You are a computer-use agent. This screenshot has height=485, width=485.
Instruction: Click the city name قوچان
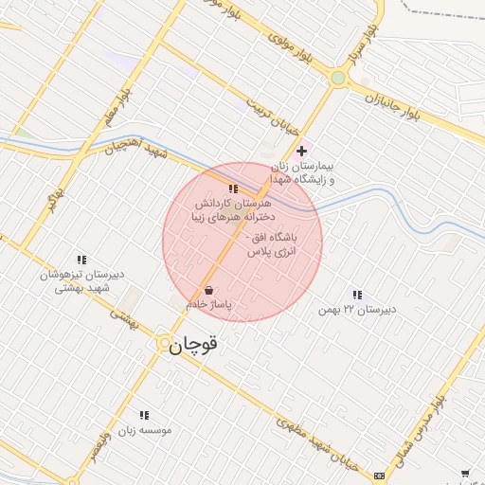click(x=193, y=346)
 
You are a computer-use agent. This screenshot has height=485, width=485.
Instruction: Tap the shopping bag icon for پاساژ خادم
click(x=208, y=291)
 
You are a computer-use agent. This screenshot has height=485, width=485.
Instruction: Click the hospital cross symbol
click(x=301, y=151)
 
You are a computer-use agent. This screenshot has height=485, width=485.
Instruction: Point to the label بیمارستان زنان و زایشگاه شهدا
click(x=308, y=171)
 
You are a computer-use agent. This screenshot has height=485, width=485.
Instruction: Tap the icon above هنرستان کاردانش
click(x=233, y=189)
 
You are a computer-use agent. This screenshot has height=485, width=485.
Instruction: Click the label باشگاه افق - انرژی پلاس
click(x=272, y=244)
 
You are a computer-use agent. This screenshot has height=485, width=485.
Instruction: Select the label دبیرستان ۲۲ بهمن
click(x=357, y=309)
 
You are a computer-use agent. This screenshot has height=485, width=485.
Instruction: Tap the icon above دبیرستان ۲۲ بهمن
click(x=357, y=295)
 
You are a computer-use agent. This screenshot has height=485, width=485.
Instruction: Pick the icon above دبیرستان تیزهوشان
click(x=81, y=259)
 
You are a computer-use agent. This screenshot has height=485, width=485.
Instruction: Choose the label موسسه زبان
click(x=144, y=430)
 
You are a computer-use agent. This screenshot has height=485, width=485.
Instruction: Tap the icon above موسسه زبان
click(x=144, y=415)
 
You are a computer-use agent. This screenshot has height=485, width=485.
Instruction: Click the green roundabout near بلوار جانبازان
click(x=338, y=79)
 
